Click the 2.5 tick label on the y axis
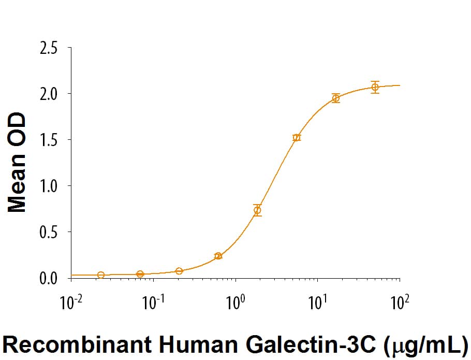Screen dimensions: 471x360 pos(48,48)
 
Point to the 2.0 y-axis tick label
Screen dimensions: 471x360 pos(48,94)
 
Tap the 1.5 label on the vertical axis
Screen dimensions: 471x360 pos(48,140)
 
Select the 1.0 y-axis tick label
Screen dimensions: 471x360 pos(48,186)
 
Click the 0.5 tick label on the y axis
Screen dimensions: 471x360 pos(48,233)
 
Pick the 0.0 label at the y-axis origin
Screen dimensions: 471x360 pos(48,279)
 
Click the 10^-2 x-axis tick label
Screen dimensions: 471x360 pos(71,302)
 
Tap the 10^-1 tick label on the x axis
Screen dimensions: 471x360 pos(153,302)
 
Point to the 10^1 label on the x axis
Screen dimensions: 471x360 pos(318,302)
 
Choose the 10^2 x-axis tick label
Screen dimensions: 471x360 pos(400,302)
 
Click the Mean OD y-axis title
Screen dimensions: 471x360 pos(17,163)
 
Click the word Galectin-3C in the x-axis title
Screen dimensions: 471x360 pos(311,344)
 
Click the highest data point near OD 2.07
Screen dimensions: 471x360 pos(375,87)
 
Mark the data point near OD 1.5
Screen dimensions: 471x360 pos(297,138)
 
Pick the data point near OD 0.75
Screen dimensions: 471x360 pos(257,210)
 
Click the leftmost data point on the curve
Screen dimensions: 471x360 pos(101,275)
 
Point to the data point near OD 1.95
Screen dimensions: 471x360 pos(336,98)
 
